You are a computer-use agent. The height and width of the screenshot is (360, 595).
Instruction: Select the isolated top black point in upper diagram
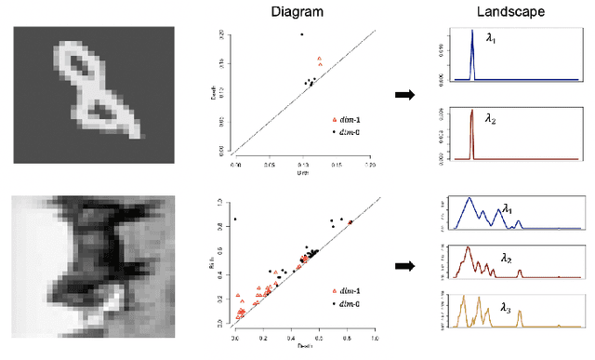pos(301,34)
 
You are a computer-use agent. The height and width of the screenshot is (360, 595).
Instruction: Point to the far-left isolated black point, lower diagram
pos(235,220)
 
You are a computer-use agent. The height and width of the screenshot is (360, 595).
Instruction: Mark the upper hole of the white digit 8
pos(83,67)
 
